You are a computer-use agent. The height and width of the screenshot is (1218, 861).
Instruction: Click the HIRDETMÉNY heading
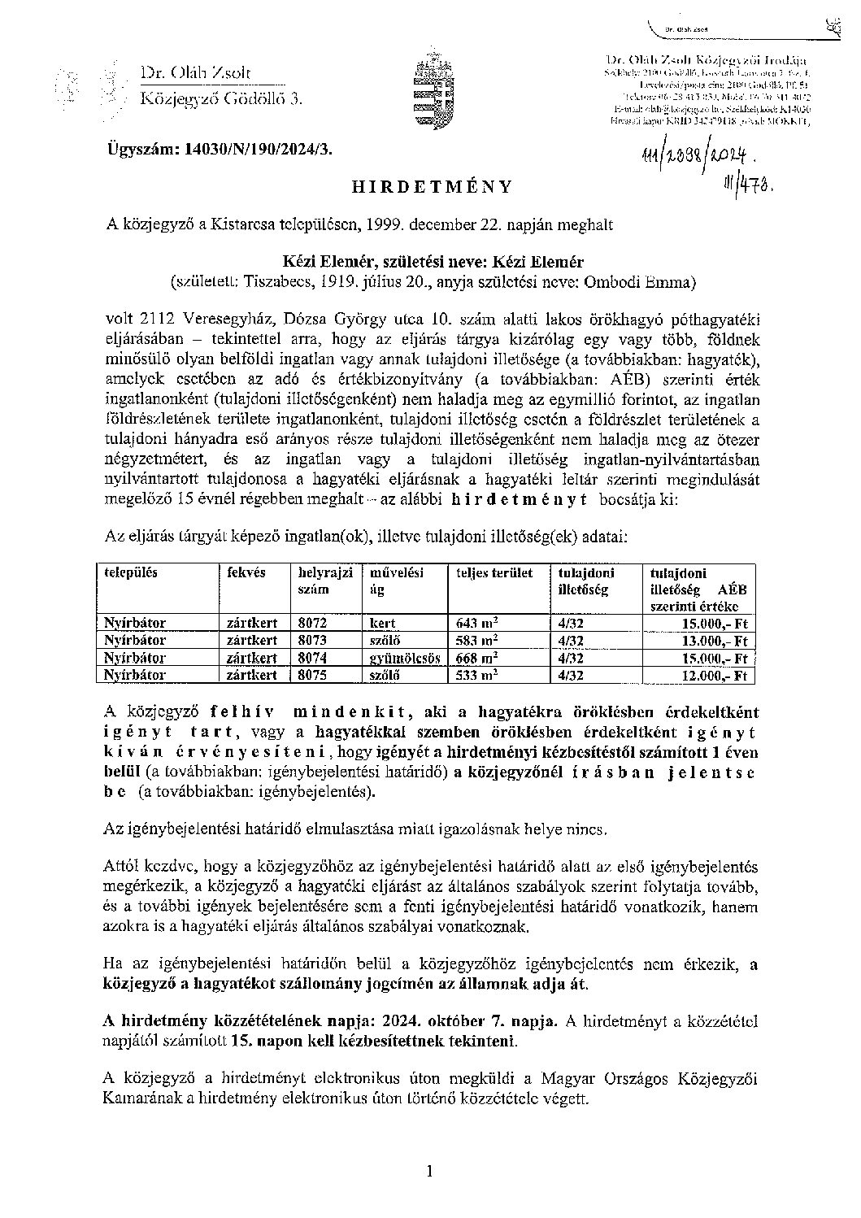(x=431, y=186)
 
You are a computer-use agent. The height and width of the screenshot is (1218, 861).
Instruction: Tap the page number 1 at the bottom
(x=430, y=1172)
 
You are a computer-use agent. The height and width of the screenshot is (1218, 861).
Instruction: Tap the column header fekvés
(x=246, y=572)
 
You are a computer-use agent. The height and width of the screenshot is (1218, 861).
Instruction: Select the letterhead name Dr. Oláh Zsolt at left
(x=196, y=74)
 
